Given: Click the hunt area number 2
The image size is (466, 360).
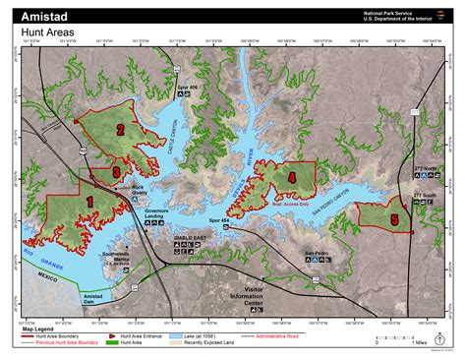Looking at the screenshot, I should click(120, 128).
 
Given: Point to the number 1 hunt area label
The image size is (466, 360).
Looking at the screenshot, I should click(89, 201).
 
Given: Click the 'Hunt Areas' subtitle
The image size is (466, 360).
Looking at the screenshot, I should click(48, 31).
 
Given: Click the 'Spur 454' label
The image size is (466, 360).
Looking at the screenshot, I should click(219, 220).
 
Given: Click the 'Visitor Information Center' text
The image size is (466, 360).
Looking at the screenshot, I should click(254, 296).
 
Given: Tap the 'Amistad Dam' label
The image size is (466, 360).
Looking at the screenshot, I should click(92, 297).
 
